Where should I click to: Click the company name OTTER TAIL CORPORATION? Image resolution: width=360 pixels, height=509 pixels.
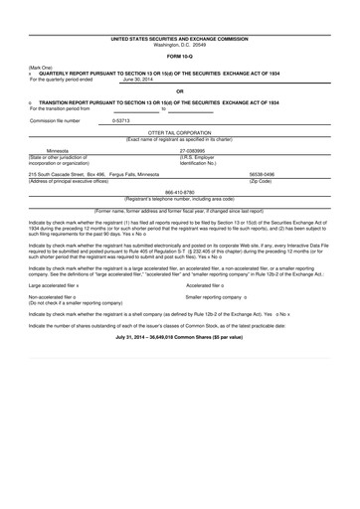[180, 132]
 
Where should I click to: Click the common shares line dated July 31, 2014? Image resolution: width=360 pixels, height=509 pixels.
[180, 340]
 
